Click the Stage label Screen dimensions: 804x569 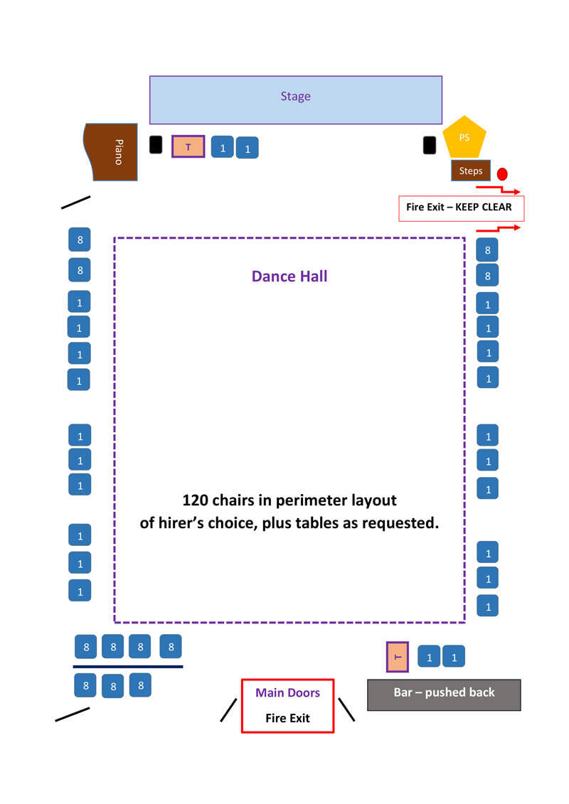[x=295, y=97]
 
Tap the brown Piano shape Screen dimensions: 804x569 [x=111, y=151]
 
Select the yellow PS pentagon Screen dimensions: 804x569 [x=464, y=139]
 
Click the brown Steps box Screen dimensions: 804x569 [x=470, y=171]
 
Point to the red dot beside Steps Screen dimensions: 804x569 [x=502, y=173]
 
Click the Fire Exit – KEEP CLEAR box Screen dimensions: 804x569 [x=461, y=208]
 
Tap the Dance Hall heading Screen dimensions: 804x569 [x=289, y=276]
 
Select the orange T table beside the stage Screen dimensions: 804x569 [x=188, y=146]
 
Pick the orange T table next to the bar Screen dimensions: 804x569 [x=398, y=656]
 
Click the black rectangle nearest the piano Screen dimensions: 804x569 [x=156, y=144]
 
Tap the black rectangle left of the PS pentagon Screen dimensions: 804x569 [x=429, y=145]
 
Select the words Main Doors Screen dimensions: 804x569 [x=287, y=692]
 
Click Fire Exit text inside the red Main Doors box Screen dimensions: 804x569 [x=287, y=718]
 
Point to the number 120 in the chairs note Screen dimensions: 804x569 [x=196, y=500]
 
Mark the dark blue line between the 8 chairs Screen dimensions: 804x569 [x=128, y=667]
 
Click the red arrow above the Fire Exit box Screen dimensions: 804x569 [x=498, y=189]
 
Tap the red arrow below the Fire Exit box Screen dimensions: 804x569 [x=498, y=229]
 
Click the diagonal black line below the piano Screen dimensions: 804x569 [x=76, y=202]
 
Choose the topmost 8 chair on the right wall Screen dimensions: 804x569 [x=487, y=250]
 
